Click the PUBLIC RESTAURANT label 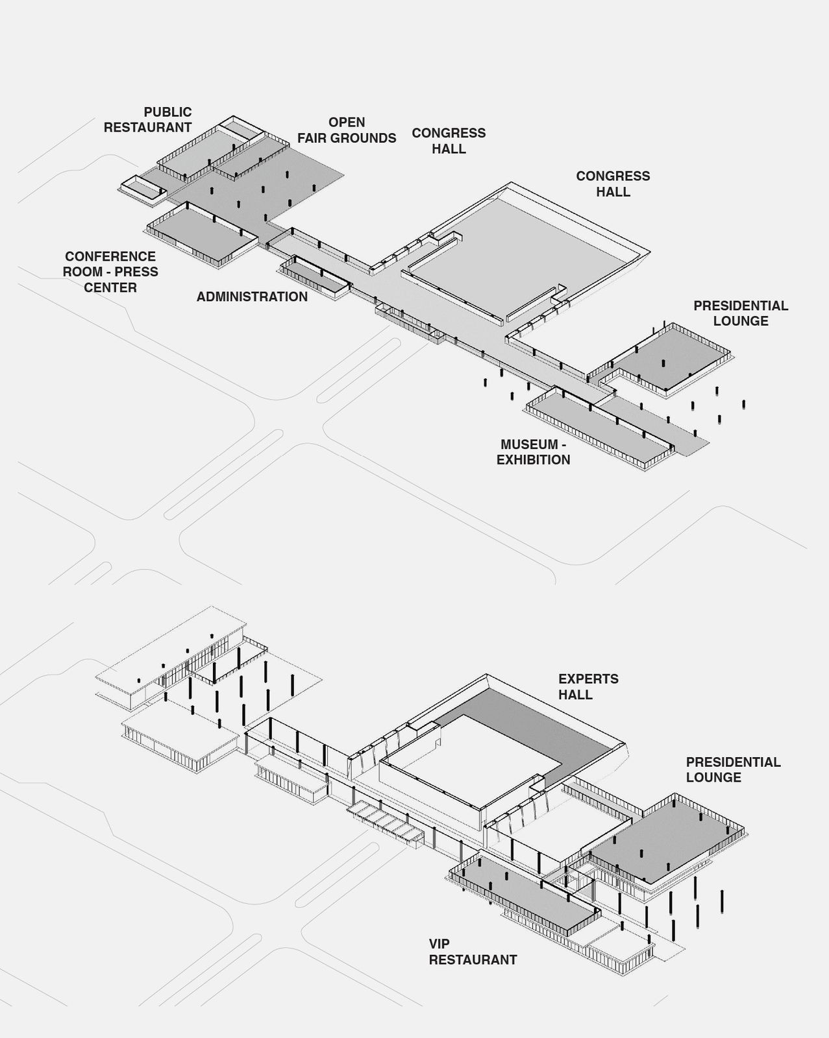click(148, 119)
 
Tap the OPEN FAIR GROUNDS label click(347, 130)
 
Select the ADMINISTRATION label click(252, 296)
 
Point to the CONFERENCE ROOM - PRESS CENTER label click(110, 272)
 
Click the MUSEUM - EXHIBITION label click(534, 452)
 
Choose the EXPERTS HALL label click(589, 687)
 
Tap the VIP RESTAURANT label click(473, 952)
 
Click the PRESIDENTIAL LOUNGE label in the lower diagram click(734, 770)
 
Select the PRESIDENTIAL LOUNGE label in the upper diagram click(741, 313)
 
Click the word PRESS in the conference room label click(136, 272)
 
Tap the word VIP click(439, 944)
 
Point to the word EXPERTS click(589, 679)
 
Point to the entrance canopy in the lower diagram click(386, 824)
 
